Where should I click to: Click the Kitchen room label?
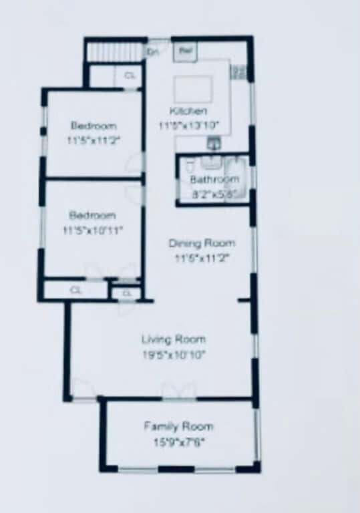click(188, 111)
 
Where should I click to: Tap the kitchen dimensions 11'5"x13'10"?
click(189, 125)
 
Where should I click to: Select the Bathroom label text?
click(214, 180)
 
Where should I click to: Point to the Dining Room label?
click(201, 243)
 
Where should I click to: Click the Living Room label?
click(173, 339)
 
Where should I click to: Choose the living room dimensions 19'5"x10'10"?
click(173, 354)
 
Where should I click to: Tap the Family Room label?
click(178, 426)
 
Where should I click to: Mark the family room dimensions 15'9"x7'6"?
click(178, 442)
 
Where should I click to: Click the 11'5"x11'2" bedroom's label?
click(94, 126)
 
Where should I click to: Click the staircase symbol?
click(107, 51)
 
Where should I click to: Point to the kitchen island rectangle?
click(194, 88)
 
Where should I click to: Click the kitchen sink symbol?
click(214, 142)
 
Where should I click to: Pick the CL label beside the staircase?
click(129, 76)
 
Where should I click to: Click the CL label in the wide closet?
click(75, 291)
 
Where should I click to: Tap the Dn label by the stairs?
click(152, 51)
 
